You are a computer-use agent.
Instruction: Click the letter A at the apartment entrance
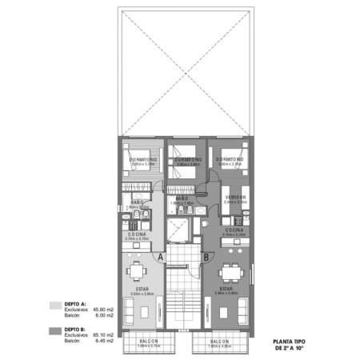click(161, 257)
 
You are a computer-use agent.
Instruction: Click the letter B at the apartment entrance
click(206, 257)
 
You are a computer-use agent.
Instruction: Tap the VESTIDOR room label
click(234, 196)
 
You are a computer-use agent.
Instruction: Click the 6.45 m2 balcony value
click(103, 342)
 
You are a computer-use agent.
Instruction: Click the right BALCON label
click(216, 342)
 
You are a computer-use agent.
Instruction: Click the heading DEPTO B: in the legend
click(74, 329)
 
